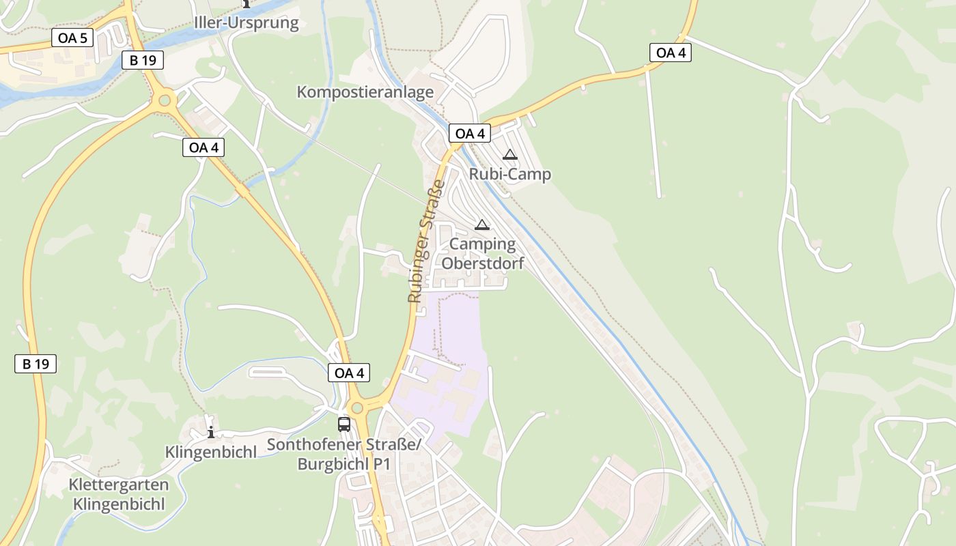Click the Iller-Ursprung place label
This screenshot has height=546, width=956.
click(x=247, y=23)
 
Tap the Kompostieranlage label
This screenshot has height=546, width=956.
click(x=365, y=91)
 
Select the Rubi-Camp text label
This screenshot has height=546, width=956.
click(x=509, y=174)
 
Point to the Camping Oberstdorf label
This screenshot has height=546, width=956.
click(x=483, y=253)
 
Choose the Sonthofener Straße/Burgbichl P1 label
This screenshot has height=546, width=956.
click(x=344, y=455)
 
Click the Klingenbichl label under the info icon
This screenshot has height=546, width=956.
click(x=211, y=452)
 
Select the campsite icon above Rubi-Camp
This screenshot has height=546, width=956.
click(x=509, y=155)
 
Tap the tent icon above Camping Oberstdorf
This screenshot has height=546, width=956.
click(x=482, y=225)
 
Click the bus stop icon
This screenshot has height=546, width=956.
click(x=344, y=424)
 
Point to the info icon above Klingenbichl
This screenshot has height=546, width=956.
click(x=211, y=431)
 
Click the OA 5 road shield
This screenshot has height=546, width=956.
click(x=72, y=38)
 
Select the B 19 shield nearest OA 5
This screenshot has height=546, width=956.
click(x=143, y=60)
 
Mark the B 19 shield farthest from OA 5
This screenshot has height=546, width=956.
click(x=36, y=364)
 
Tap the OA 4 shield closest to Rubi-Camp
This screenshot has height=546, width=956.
click(x=470, y=134)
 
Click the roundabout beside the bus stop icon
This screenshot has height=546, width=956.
click(x=357, y=407)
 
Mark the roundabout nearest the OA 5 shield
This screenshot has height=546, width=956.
click(x=164, y=102)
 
